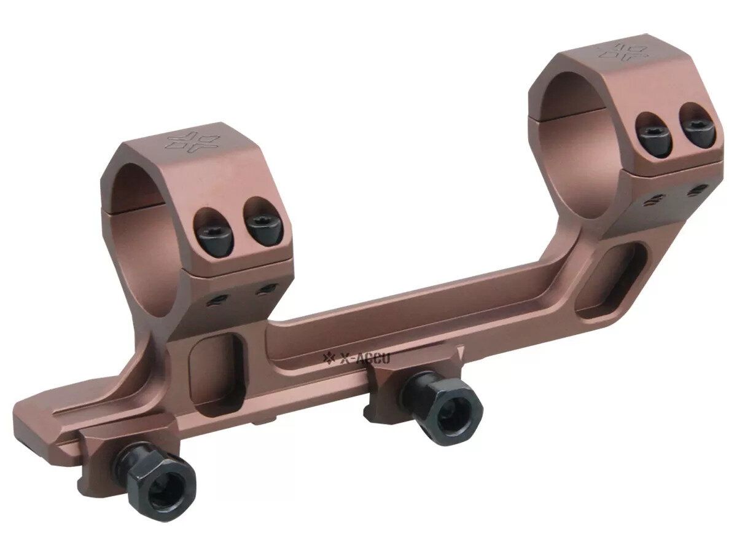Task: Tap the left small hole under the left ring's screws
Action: coord(216,299)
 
